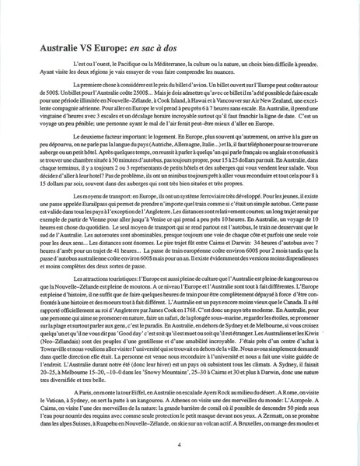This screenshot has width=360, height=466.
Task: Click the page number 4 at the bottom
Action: (180, 445)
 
